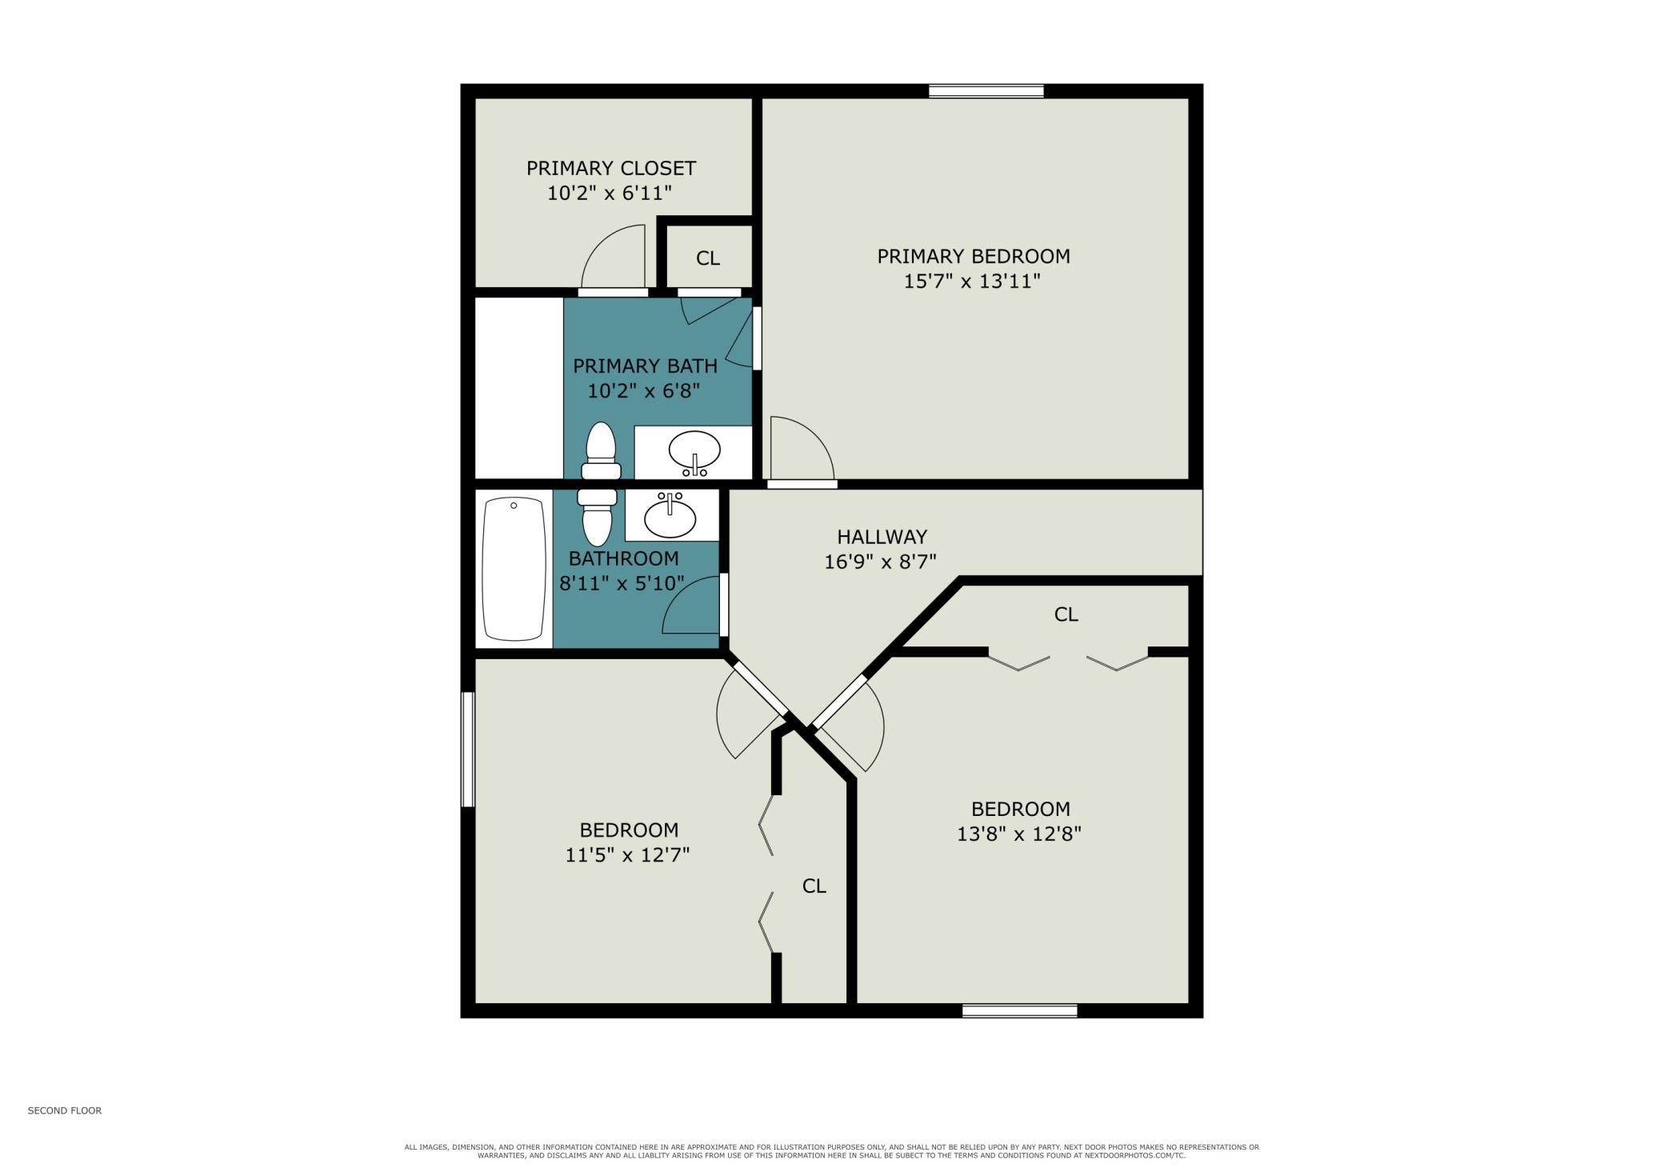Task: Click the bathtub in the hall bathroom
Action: [x=514, y=569]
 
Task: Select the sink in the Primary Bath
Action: [x=694, y=453]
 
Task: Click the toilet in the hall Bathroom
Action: [x=598, y=517]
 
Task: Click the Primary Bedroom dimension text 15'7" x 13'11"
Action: [x=972, y=282]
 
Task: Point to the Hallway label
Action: [x=882, y=537]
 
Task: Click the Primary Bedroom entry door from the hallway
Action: [x=802, y=450]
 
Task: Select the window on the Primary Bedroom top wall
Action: [x=986, y=91]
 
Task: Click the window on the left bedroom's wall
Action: [x=468, y=750]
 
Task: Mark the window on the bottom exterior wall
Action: [x=1019, y=1011]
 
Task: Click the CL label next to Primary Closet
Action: [x=708, y=258]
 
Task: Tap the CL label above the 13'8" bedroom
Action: [x=1066, y=614]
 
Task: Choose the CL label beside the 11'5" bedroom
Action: [x=814, y=886]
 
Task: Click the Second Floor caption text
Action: [x=65, y=1110]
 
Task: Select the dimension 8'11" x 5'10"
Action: [x=622, y=584]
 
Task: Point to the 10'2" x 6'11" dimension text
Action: [x=610, y=194]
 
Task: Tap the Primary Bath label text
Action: [x=645, y=366]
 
